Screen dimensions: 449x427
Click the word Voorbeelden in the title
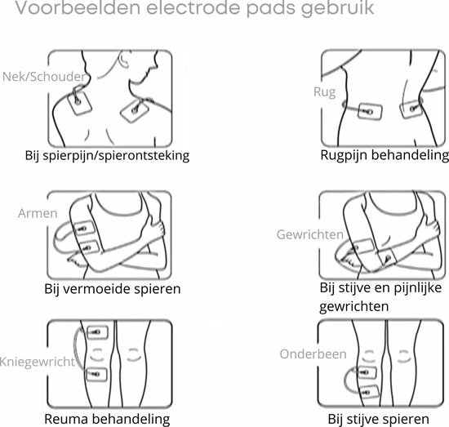78,7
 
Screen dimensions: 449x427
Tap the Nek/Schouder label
44,77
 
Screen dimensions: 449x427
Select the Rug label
324,92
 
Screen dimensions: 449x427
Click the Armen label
38,213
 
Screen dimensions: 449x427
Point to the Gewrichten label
310,234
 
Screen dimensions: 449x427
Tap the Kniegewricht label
38,362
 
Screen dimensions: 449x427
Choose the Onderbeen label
313,354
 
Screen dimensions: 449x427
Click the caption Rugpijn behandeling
385,155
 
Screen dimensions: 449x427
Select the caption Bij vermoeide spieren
113,289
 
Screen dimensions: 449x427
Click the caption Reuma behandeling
107,420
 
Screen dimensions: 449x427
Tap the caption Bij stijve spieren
378,420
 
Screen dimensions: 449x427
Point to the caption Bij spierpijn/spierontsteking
107,156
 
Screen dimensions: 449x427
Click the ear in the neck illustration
124,60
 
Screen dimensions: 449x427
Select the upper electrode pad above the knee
97,332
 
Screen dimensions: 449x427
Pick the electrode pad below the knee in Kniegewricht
96,374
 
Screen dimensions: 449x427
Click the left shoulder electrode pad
80,103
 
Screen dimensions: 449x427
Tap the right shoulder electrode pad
135,110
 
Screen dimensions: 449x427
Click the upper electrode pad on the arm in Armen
84,229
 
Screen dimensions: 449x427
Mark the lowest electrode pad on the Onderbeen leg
369,392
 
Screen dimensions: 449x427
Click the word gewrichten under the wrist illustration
354,307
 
